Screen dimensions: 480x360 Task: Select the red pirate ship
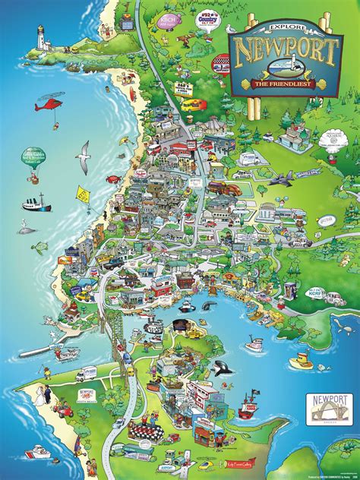249,409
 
